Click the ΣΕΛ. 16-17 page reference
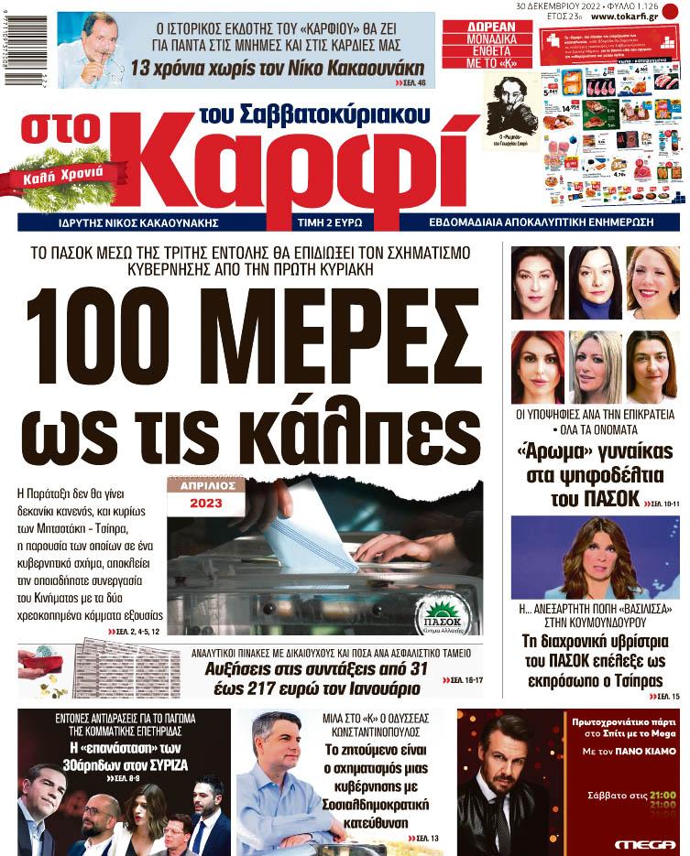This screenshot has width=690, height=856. (466, 681)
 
